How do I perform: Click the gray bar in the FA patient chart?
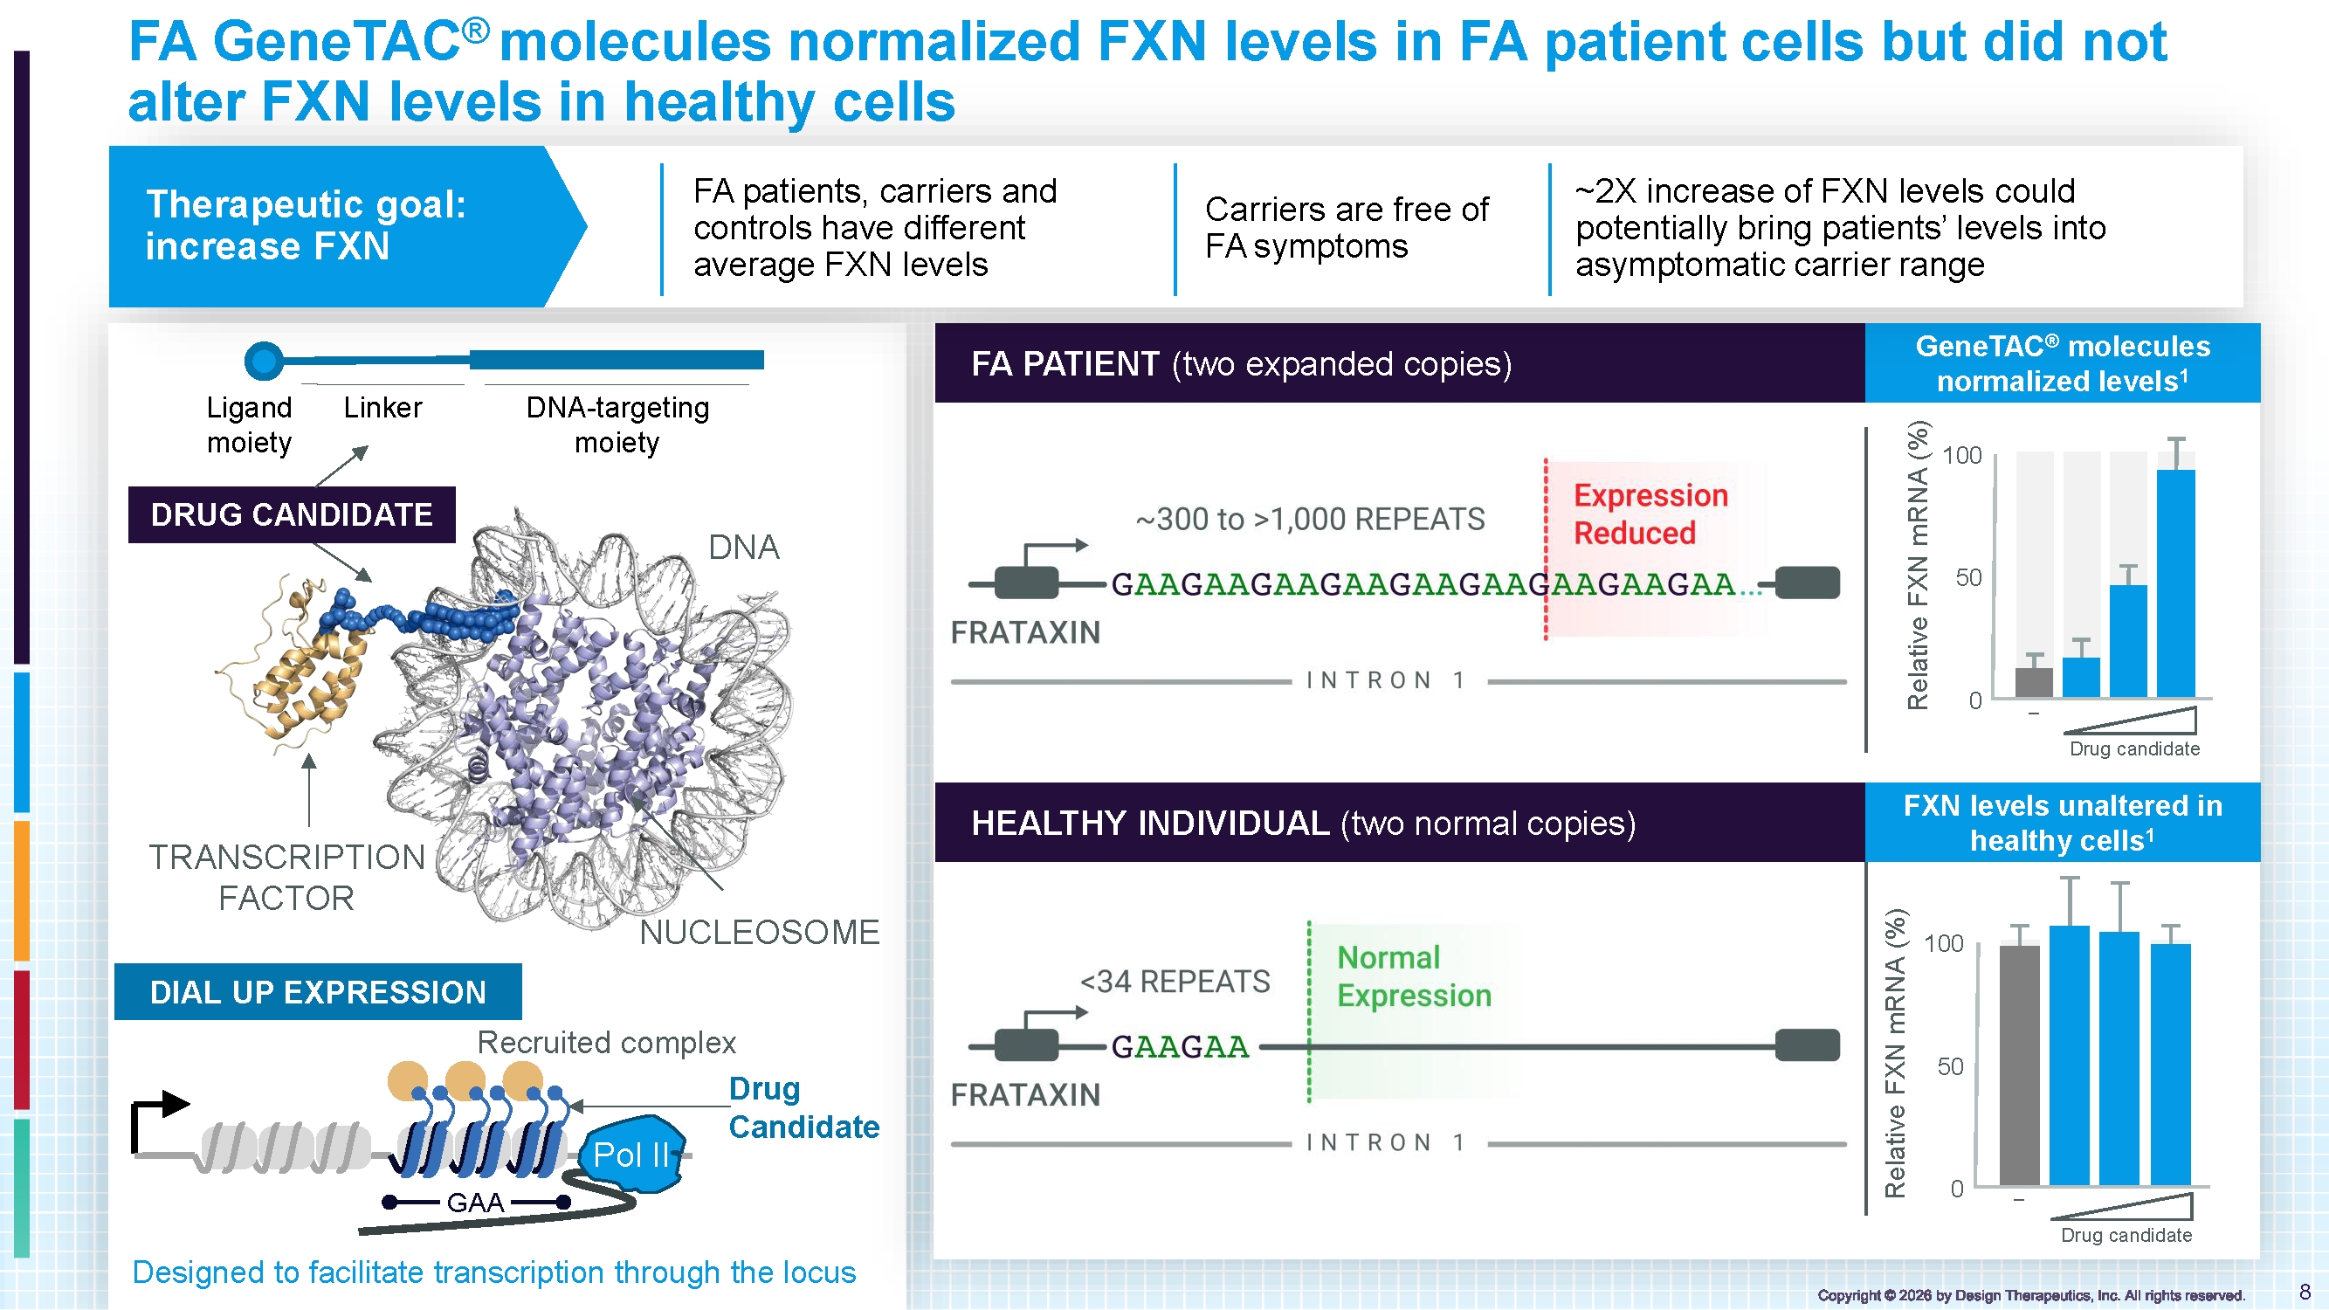pos(2033,683)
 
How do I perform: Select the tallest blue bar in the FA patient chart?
pos(2175,583)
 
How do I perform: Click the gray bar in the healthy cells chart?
pos(2019,1064)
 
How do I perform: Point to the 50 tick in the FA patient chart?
pos(1968,577)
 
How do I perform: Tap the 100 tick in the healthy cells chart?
pos(1943,944)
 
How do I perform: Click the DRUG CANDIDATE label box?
pos(291,514)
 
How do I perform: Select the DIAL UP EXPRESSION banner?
pos(317,992)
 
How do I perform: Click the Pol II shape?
pos(632,1153)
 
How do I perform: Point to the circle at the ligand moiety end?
pos(264,361)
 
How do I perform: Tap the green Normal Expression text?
pos(1413,976)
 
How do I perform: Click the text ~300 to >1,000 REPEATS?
pos(1310,519)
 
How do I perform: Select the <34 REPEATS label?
pos(1175,981)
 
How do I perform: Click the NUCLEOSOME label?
pos(760,932)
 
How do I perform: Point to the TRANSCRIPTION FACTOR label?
pos(286,877)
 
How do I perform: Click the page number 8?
pos(2305,1291)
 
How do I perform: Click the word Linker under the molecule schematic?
pos(382,408)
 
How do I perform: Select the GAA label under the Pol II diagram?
pos(476,1203)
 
